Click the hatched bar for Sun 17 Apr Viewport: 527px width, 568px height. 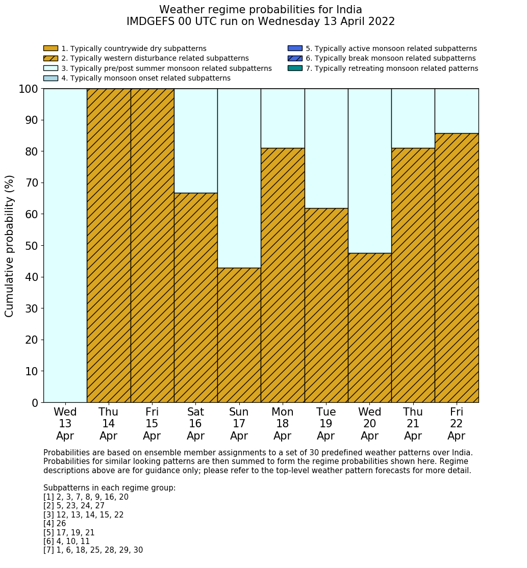pos(239,335)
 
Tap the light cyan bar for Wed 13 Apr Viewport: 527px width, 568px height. pos(65,245)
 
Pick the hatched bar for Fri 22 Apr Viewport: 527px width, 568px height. pos(457,268)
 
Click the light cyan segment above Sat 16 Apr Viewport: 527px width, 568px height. pos(195,141)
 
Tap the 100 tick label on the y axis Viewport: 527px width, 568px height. pos(29,89)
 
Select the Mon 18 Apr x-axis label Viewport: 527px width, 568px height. pos(282,424)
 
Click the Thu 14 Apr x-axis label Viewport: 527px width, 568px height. pos(108,424)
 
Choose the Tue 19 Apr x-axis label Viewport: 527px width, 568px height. pos(326,424)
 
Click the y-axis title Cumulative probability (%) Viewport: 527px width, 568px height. pos(10,246)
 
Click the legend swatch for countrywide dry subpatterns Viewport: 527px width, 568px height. pos(51,48)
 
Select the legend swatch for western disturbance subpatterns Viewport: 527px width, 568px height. pos(51,59)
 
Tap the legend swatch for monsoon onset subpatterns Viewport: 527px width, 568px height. pos(51,79)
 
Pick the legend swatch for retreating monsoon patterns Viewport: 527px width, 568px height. pos(295,68)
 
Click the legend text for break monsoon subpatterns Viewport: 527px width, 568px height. pos(390,59)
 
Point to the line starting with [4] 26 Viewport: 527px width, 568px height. pos(55,524)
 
